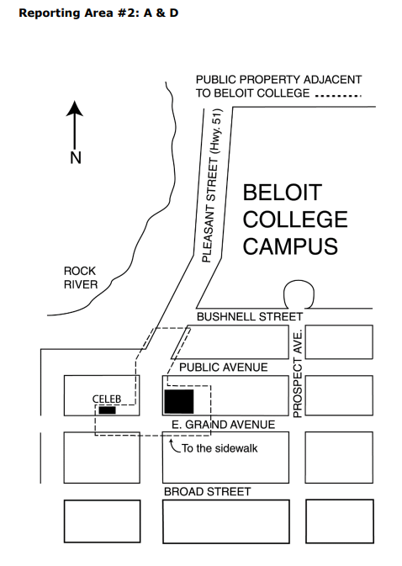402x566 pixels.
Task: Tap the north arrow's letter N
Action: pyautogui.click(x=75, y=158)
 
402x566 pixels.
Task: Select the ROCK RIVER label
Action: pyautogui.click(x=81, y=278)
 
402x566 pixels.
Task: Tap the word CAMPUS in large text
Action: pyautogui.click(x=290, y=246)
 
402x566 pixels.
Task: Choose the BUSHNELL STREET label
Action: pyautogui.click(x=248, y=317)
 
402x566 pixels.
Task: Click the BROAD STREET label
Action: pyautogui.click(x=207, y=491)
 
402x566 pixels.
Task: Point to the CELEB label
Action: pyautogui.click(x=107, y=399)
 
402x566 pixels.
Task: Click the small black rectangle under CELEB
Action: pyautogui.click(x=107, y=410)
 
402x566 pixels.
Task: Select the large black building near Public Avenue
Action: pyautogui.click(x=179, y=402)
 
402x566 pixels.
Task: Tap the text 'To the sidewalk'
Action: pyautogui.click(x=220, y=448)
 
